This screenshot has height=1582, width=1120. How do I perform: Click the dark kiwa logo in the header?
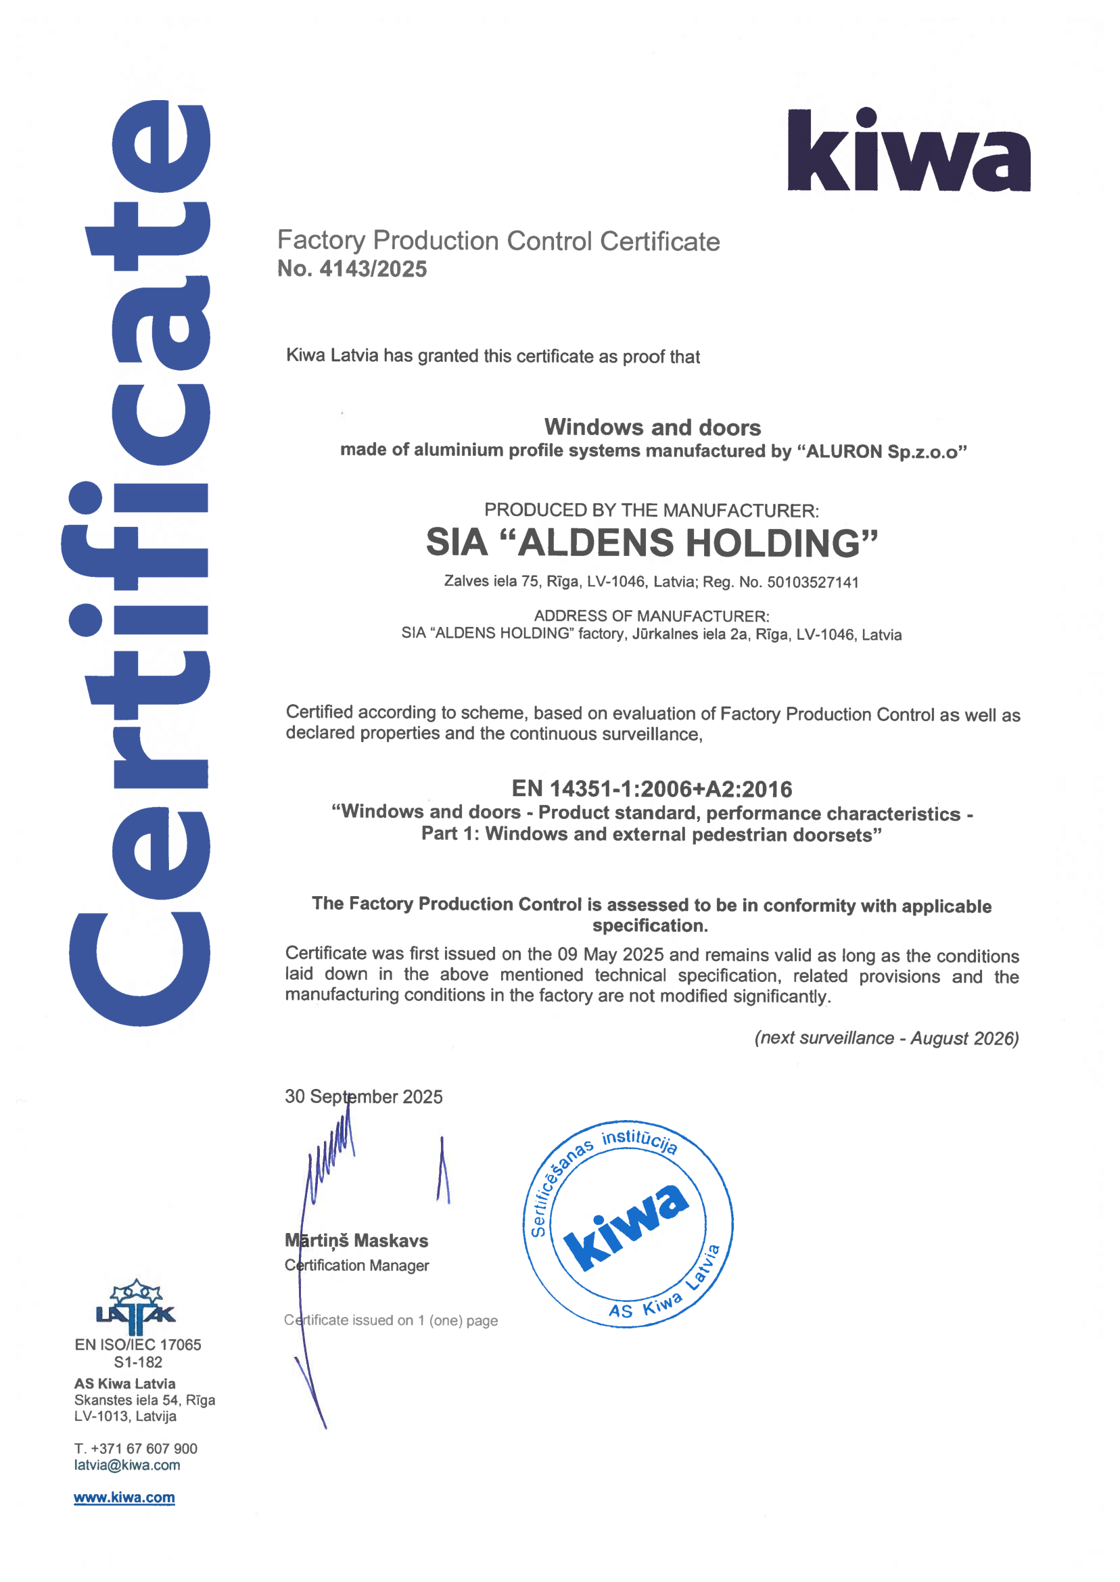pyautogui.click(x=908, y=150)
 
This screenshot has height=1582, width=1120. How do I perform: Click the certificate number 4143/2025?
pyautogui.click(x=373, y=269)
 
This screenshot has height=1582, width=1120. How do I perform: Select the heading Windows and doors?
pyautogui.click(x=653, y=427)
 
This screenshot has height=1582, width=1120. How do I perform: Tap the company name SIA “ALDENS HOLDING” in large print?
pyautogui.click(x=652, y=542)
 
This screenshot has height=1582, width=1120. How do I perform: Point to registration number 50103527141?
pyautogui.click(x=812, y=582)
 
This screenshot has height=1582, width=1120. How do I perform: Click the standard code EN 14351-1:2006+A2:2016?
pyautogui.click(x=652, y=788)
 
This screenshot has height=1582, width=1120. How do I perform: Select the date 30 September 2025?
pyautogui.click(x=363, y=1096)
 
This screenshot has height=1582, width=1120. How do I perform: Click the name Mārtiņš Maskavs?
pyautogui.click(x=356, y=1240)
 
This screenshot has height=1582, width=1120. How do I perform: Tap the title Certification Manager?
pyautogui.click(x=356, y=1265)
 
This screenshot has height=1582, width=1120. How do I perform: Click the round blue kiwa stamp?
pyautogui.click(x=628, y=1224)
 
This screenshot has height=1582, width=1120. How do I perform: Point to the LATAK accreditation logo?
pyautogui.click(x=136, y=1307)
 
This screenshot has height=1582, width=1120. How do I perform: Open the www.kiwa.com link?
pyautogui.click(x=124, y=1497)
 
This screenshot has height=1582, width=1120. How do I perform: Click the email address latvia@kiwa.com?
pyautogui.click(x=127, y=1465)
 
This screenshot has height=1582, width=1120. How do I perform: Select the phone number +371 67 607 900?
pyautogui.click(x=144, y=1448)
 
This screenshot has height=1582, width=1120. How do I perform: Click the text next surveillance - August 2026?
pyautogui.click(x=886, y=1038)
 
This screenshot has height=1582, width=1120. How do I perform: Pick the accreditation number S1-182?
pyautogui.click(x=138, y=1362)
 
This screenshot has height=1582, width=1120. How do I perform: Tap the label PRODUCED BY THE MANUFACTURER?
pyautogui.click(x=652, y=511)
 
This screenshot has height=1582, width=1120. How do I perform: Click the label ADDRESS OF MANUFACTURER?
pyautogui.click(x=652, y=616)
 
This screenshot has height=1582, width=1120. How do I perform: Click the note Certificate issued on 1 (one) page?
pyautogui.click(x=390, y=1320)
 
